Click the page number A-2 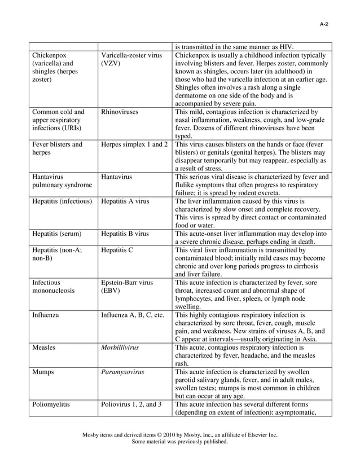[324, 24]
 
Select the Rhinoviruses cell [120, 112]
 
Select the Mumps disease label [43, 372]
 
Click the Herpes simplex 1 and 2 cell [134, 144]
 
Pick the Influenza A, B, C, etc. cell [133, 315]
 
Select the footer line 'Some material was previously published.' [179, 442]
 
